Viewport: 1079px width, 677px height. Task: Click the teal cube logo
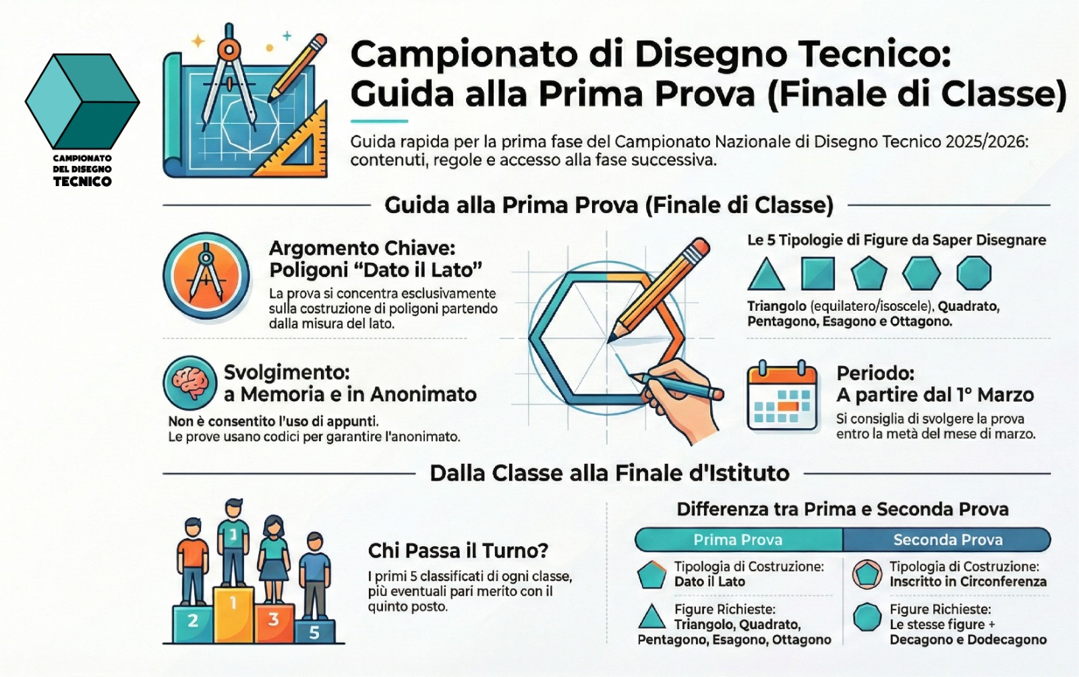(x=82, y=101)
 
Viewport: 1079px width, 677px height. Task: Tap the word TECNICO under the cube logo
(x=82, y=181)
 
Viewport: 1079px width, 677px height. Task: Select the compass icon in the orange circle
(x=206, y=276)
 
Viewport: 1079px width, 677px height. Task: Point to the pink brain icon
(x=190, y=382)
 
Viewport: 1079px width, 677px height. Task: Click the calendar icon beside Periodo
(x=782, y=396)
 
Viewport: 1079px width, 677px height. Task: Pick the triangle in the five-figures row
(x=766, y=274)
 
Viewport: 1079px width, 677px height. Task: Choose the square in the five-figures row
(x=817, y=274)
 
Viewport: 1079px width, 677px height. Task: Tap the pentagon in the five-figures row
(x=869, y=274)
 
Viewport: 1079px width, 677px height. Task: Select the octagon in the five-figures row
(x=974, y=273)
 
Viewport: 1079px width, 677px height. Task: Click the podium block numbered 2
(x=193, y=624)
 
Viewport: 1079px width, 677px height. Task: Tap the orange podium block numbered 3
(x=274, y=623)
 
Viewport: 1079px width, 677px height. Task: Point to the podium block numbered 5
(x=314, y=631)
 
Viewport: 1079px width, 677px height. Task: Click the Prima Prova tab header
(x=738, y=539)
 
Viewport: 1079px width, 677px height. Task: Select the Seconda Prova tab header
(x=947, y=539)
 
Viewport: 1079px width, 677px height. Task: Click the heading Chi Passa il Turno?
(x=458, y=551)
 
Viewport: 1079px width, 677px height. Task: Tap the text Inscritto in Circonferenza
(x=968, y=582)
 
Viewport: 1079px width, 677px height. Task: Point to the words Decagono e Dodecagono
(x=968, y=639)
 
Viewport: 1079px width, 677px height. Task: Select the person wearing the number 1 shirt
(x=233, y=542)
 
